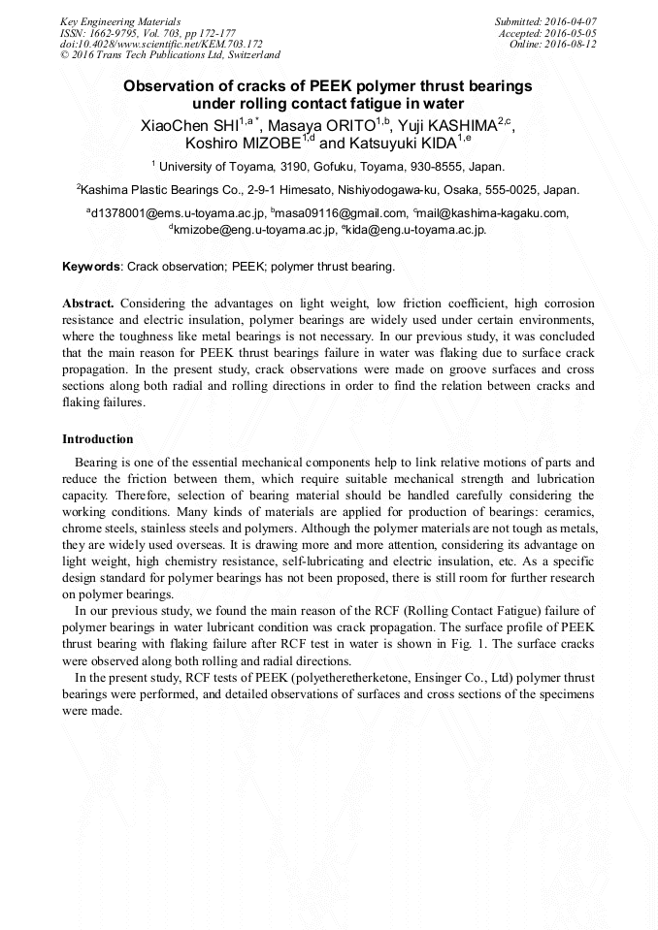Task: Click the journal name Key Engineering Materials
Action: click(120, 20)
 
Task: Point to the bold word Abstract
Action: click(88, 304)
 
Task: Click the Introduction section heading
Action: click(97, 439)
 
